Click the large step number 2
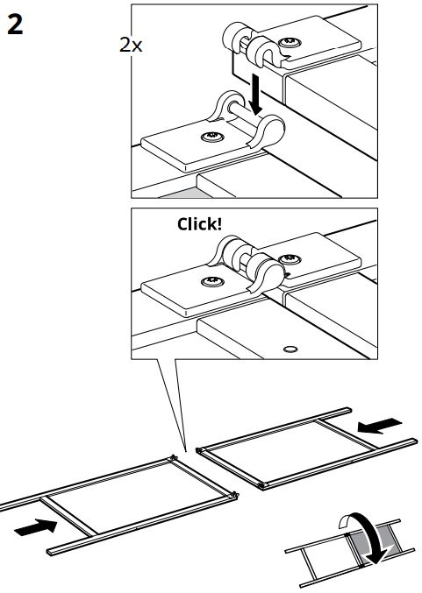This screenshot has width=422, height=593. coord(15,25)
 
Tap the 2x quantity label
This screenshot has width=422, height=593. coord(131,46)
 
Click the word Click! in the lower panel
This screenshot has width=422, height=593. coord(200,224)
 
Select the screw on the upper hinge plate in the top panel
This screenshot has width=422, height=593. coord(290,42)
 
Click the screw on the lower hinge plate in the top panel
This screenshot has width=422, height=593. coord(212,136)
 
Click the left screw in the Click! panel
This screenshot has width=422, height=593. coord(212,281)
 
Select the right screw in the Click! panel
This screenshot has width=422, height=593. coord(290,259)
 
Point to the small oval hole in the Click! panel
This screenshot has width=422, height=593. coord(290,349)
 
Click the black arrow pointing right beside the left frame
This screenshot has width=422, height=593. coord(36,527)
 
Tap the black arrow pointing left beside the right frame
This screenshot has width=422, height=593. coord(380,426)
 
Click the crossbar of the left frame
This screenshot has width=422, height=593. coord(69,516)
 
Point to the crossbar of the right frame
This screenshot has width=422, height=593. coord(347,434)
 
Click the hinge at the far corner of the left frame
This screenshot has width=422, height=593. coord(173,457)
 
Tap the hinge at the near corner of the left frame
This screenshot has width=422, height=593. coord(234,495)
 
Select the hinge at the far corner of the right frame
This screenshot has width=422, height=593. coord(200,450)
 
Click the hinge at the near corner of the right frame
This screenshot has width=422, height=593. coord(261,485)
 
